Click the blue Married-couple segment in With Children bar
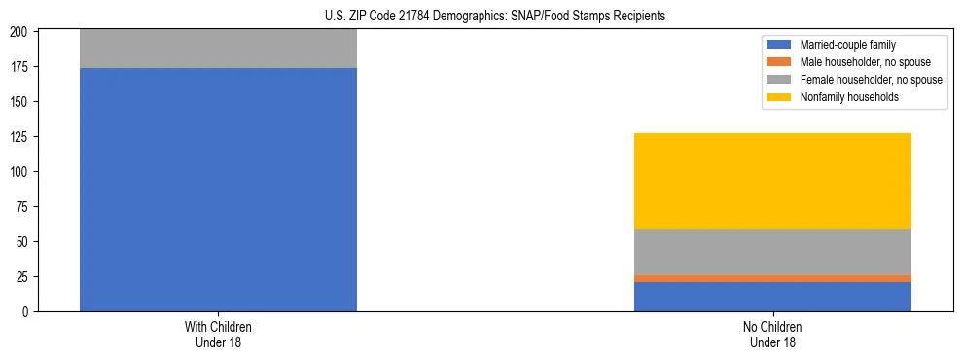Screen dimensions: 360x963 click(218, 190)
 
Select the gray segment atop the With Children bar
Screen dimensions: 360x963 click(218, 49)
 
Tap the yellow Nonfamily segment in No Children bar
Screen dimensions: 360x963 click(772, 181)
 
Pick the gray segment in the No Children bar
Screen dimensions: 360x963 click(772, 252)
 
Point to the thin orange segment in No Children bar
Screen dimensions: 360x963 click(772, 278)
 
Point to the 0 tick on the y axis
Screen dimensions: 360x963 click(28, 312)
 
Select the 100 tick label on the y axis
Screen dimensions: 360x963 click(22, 172)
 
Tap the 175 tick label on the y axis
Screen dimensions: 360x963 click(22, 67)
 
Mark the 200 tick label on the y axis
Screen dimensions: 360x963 click(22, 32)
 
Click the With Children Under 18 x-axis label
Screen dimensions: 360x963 click(218, 335)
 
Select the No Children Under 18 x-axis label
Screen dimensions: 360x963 click(772, 335)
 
